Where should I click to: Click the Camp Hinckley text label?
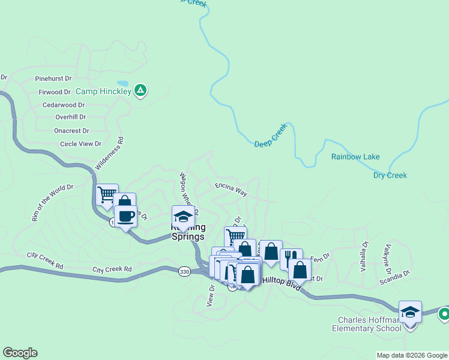point(103,92)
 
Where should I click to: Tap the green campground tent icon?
point(140,91)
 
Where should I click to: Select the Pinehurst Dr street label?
point(53,79)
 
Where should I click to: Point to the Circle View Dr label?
point(80,144)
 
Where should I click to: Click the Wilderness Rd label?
point(109,154)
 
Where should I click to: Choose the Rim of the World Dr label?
point(53,203)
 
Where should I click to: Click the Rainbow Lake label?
point(355,157)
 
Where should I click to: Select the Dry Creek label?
point(390,175)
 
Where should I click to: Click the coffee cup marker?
point(126,216)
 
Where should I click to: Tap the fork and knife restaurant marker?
point(291,259)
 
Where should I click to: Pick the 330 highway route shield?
point(185,272)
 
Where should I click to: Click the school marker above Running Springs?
point(183,217)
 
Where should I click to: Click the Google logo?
point(20,353)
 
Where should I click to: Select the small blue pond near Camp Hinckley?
point(122,83)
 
